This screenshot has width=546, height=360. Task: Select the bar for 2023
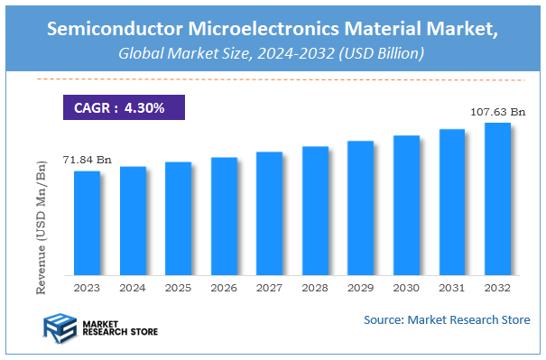coord(87,223)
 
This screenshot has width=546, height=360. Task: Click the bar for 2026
coord(224,217)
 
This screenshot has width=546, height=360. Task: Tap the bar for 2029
coord(360,208)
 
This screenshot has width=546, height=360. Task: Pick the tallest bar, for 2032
coord(497,199)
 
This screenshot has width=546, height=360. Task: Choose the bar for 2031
coord(451,202)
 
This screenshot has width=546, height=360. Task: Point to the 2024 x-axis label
coord(133,288)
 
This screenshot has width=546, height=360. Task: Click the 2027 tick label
coord(269,288)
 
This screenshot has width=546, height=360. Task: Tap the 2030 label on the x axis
coord(406,288)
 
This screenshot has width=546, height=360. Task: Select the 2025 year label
coord(178,288)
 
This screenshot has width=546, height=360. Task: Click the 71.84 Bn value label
coord(85,159)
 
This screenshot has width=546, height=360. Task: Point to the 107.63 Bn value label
coord(496,112)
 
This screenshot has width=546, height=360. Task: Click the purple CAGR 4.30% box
coord(123,107)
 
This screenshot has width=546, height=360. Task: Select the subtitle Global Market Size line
coord(272,54)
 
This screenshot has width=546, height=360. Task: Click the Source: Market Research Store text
coord(447,320)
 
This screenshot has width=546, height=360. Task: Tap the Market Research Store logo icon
coord(60,327)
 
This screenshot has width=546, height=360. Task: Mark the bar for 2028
coord(315,211)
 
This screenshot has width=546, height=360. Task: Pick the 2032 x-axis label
coord(497,288)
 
